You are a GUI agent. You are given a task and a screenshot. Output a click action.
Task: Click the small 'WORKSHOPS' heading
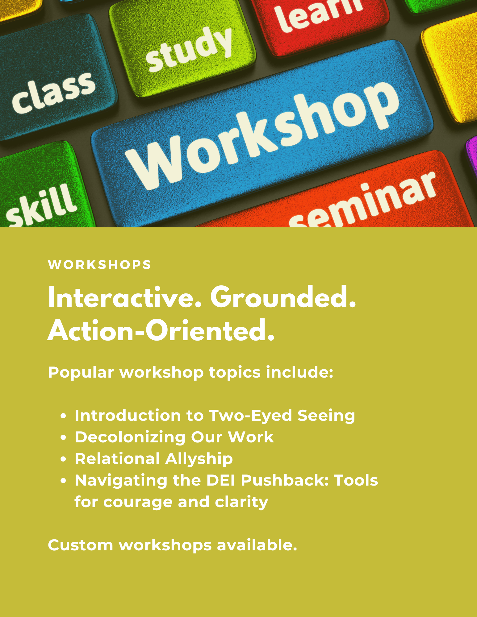pyautogui.click(x=100, y=265)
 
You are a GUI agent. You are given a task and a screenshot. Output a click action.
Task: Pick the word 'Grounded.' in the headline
pyautogui.click(x=283, y=297)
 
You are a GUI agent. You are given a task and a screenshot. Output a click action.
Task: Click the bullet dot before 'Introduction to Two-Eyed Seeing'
pyautogui.click(x=64, y=416)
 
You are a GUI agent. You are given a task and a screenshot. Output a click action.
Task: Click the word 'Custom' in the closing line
pyautogui.click(x=81, y=545)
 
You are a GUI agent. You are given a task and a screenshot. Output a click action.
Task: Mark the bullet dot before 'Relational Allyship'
pyautogui.click(x=64, y=459)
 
